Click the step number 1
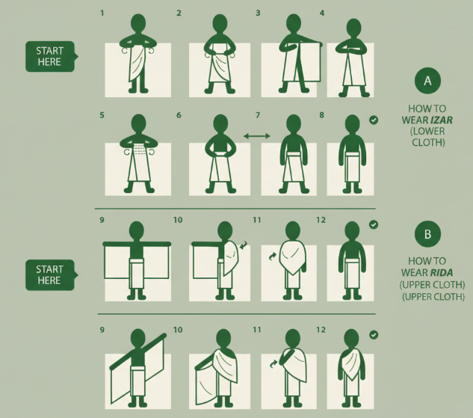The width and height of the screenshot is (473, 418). [x=102, y=13]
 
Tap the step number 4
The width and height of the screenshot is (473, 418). [x=322, y=13]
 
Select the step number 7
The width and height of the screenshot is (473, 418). [x=258, y=115]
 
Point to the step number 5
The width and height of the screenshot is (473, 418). [x=102, y=115]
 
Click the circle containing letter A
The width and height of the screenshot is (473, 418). [x=427, y=81]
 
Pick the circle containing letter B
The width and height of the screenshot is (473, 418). [x=427, y=235]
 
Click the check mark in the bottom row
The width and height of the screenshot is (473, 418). [x=374, y=335]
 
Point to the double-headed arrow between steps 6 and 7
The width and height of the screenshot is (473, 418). [x=256, y=135]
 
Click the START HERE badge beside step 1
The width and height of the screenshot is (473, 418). [x=49, y=56]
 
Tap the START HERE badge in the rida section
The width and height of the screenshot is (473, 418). [x=49, y=274]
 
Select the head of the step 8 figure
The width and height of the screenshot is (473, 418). [x=350, y=124]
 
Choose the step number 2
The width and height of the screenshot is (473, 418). [x=179, y=13]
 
